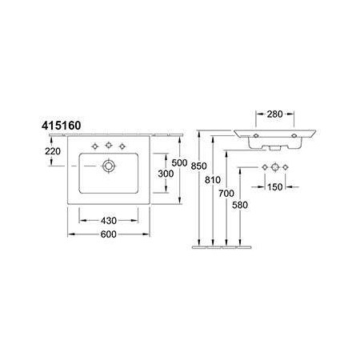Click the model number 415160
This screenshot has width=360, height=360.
61,126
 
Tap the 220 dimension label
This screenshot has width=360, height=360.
53,151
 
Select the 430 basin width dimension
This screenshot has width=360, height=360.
109,221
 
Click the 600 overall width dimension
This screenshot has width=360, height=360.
109,234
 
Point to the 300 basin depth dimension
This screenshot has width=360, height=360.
166,174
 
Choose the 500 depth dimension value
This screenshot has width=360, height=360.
179,162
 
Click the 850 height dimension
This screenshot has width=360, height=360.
198,166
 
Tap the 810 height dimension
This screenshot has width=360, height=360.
213,180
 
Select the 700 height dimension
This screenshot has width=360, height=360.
226,194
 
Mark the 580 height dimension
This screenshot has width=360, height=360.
240,205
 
